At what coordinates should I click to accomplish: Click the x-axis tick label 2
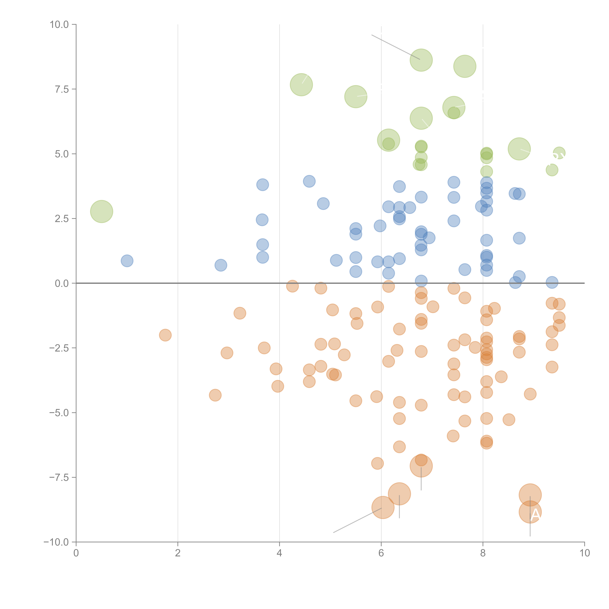pos(178,553)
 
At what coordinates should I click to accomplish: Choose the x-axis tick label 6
pos(381,553)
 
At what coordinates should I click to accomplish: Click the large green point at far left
pos(101,212)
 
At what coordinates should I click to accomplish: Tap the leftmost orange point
pos(165,335)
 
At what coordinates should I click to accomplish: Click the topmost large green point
pos(421,60)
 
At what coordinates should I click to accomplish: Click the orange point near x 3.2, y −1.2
pos(240,313)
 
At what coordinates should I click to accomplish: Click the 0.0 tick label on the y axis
pos(62,283)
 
